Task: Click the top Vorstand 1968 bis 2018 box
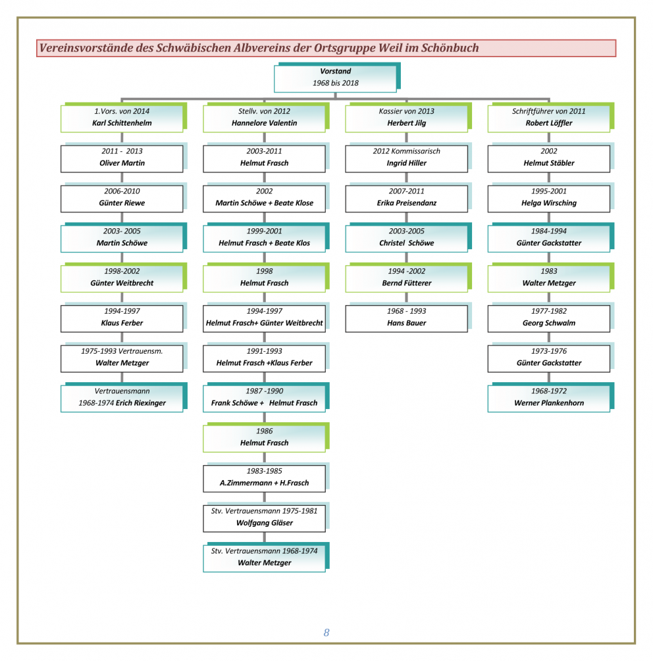click(335, 78)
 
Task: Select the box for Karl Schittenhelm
click(122, 118)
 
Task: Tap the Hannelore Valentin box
click(265, 118)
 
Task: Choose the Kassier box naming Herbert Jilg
click(407, 118)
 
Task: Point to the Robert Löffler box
click(549, 118)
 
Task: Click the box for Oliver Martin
click(122, 158)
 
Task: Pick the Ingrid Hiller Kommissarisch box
click(407, 158)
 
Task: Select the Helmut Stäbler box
click(549, 158)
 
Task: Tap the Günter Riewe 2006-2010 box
click(122, 198)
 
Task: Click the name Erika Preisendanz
click(407, 203)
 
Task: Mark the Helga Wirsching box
click(549, 198)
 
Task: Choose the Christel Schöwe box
click(407, 237)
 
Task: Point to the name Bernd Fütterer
click(407, 283)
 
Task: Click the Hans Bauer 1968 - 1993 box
click(407, 318)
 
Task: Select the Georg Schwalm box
click(549, 318)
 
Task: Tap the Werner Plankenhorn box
click(549, 397)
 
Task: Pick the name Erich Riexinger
click(141, 403)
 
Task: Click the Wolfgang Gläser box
click(265, 518)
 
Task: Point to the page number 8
click(326, 632)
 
